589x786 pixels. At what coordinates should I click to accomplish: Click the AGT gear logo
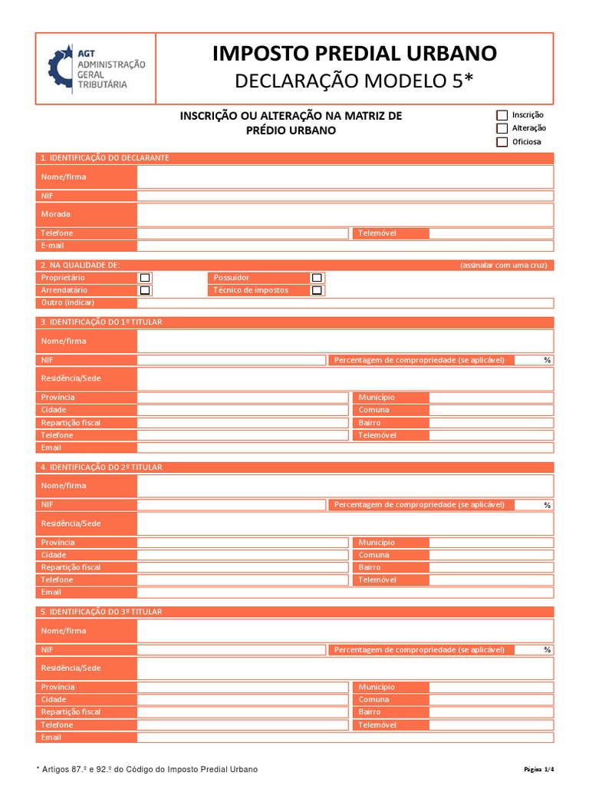tap(60, 69)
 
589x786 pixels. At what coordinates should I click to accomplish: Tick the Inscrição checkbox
tap(502, 115)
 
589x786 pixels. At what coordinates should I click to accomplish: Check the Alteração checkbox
tap(502, 128)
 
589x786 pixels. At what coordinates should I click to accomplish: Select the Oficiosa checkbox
tap(502, 142)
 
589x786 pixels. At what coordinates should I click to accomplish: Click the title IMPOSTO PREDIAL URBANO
tap(354, 53)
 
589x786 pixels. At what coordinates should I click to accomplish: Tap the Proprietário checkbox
tap(145, 278)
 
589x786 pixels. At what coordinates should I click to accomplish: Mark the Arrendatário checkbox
tap(145, 291)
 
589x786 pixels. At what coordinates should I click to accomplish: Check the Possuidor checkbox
tap(317, 278)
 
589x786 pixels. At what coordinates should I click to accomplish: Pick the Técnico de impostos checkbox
tap(317, 291)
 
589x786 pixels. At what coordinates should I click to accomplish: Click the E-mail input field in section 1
tap(345, 246)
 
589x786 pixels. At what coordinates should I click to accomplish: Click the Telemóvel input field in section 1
tap(491, 233)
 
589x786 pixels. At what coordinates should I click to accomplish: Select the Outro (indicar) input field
tap(345, 303)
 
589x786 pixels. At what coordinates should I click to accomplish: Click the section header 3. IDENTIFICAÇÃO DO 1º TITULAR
tap(101, 322)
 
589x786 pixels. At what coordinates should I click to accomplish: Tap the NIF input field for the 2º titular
tap(232, 505)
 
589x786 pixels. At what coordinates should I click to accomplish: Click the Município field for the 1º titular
tap(491, 398)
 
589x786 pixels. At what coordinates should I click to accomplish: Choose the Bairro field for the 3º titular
tap(491, 712)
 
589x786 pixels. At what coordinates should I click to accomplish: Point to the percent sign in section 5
tap(547, 650)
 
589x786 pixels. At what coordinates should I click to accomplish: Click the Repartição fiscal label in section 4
tap(71, 567)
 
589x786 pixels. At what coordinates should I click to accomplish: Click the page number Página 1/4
tap(538, 769)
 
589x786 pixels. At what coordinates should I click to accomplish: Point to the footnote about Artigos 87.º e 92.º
tap(147, 769)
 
